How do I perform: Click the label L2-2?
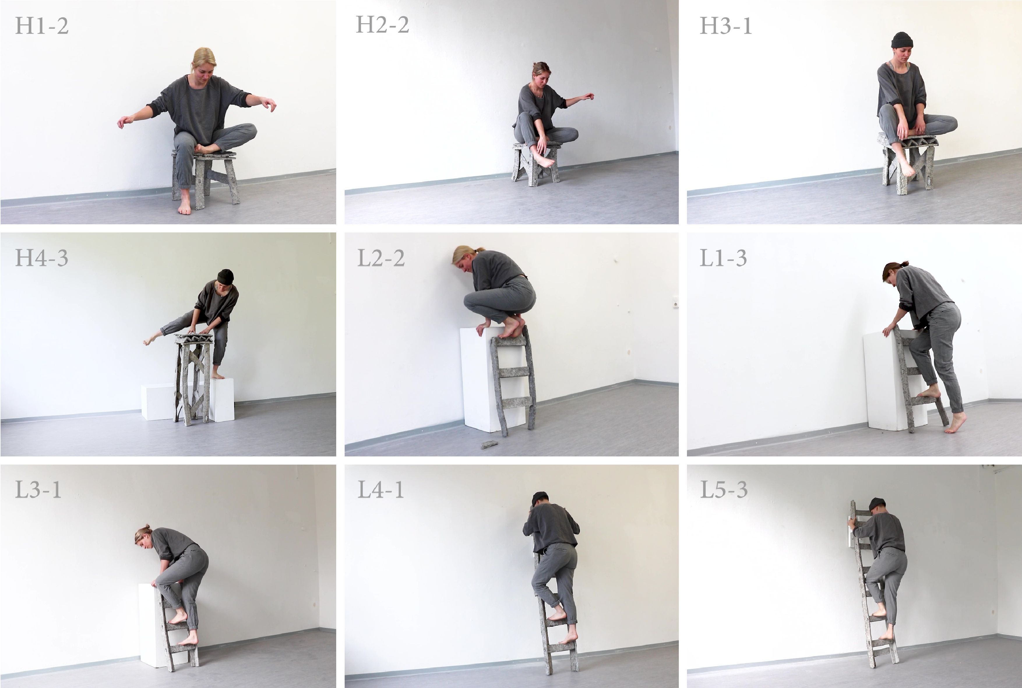click(380, 258)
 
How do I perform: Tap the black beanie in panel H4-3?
click(225, 276)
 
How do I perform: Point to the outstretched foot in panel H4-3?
click(150, 339)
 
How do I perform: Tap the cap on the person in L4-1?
click(540, 498)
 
